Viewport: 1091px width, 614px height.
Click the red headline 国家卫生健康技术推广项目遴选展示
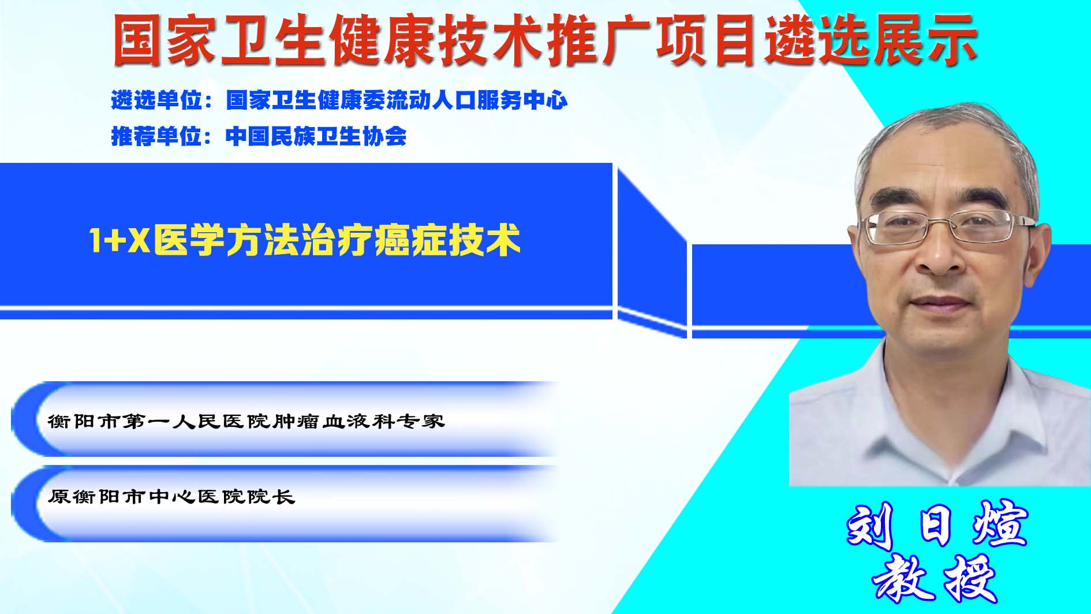pyautogui.click(x=544, y=39)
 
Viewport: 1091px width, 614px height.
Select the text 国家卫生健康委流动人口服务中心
pyautogui.click(x=397, y=101)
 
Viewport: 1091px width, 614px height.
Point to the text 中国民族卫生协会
pyautogui.click(x=316, y=136)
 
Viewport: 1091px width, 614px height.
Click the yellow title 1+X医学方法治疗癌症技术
pyautogui.click(x=305, y=240)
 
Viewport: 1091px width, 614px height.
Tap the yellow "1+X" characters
pyautogui.click(x=119, y=240)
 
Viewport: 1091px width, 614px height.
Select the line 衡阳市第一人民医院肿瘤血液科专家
pyautogui.click(x=246, y=421)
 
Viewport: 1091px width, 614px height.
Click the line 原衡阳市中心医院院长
pyautogui.click(x=171, y=496)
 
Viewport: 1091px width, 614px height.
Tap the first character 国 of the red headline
pyautogui.click(x=137, y=40)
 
